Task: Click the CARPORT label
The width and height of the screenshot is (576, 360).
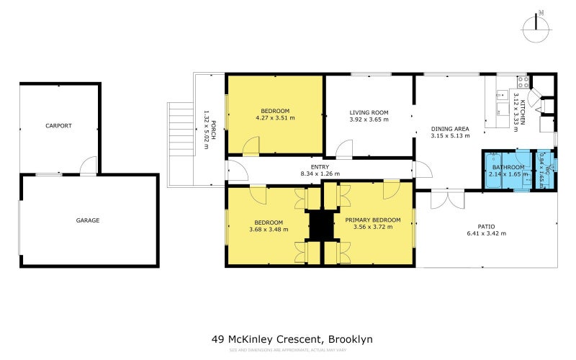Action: pos(58,125)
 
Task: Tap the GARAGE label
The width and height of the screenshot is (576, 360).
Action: pos(88,220)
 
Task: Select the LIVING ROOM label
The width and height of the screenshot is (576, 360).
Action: pos(369,112)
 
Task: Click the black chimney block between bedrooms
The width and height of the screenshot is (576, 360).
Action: pos(319,225)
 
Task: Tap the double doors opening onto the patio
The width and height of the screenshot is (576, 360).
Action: pos(442,199)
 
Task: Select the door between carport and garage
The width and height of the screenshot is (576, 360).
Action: pos(87,167)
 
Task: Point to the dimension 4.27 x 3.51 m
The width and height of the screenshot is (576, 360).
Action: pos(275,117)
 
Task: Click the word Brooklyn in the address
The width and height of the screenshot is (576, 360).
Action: pos(351,339)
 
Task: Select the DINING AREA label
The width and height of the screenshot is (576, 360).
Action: pos(450,128)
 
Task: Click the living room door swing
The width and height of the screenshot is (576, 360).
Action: pos(344,150)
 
